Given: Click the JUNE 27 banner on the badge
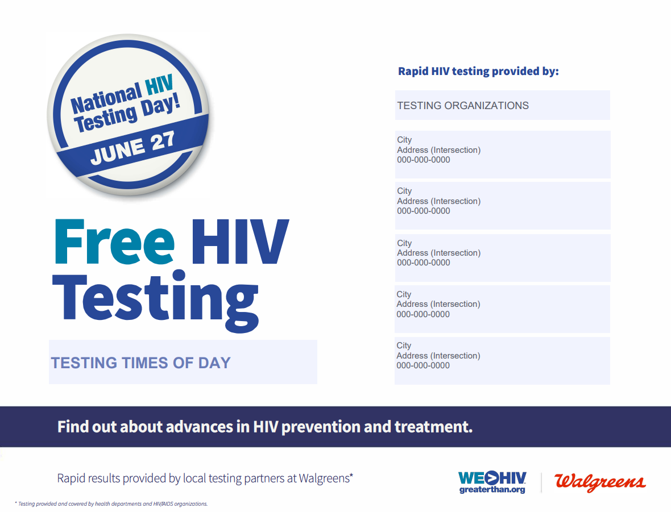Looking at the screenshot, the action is tap(132, 145).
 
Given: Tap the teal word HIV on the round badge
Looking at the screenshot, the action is tap(159, 85).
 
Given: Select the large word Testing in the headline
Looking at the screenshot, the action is tap(155, 300).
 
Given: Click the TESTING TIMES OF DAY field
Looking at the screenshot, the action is tap(183, 362).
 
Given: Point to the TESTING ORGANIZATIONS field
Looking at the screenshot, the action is tap(502, 105).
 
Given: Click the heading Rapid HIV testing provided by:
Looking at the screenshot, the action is tap(478, 71).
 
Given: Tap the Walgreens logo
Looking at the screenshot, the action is tap(600, 482).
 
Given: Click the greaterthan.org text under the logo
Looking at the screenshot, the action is tap(492, 490).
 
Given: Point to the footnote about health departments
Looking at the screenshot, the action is tap(111, 504).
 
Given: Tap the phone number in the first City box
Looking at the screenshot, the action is tap(423, 160).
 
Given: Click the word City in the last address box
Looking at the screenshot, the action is tap(404, 346).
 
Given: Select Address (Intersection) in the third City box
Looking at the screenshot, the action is tap(438, 253).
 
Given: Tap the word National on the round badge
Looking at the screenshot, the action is tap(106, 98).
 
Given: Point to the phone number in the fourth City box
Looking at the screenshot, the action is tap(423, 314).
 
